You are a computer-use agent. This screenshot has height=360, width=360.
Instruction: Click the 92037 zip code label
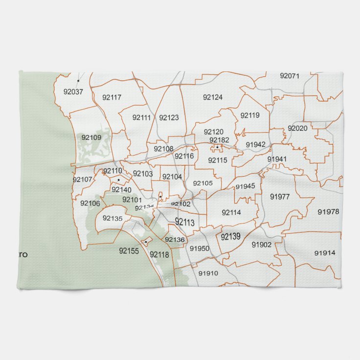tap(73, 91)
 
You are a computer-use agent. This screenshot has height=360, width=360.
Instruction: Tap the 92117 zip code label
tap(112, 97)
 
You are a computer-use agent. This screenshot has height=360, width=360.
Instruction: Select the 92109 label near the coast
tap(91, 137)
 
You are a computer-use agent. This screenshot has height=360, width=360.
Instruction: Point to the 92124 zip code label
tap(213, 97)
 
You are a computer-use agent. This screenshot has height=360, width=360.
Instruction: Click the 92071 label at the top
tap(290, 76)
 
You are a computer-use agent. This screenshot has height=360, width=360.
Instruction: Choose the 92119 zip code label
tap(250, 116)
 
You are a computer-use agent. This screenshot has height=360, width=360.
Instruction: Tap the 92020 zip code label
tap(297, 128)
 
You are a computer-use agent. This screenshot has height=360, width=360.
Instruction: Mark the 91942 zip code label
tap(256, 144)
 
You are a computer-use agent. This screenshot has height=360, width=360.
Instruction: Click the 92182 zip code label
tap(219, 140)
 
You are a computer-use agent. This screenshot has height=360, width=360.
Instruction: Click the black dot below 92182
tap(217, 147)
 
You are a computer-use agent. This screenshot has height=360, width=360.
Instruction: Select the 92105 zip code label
tap(203, 183)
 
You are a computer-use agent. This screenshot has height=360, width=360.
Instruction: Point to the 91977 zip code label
tap(280, 197)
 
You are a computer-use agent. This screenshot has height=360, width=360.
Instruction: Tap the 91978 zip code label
tap(328, 212)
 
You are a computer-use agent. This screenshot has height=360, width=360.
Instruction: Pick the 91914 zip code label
tap(325, 253)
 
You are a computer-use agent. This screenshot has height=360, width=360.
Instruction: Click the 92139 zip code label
tap(230, 237)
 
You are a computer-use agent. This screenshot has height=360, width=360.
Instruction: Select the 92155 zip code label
tap(129, 251)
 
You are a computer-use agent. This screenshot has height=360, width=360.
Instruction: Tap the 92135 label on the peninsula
tap(112, 218)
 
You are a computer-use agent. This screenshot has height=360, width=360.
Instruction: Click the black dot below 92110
tap(118, 180)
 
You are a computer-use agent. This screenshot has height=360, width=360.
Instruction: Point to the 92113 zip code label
tap(184, 223)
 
